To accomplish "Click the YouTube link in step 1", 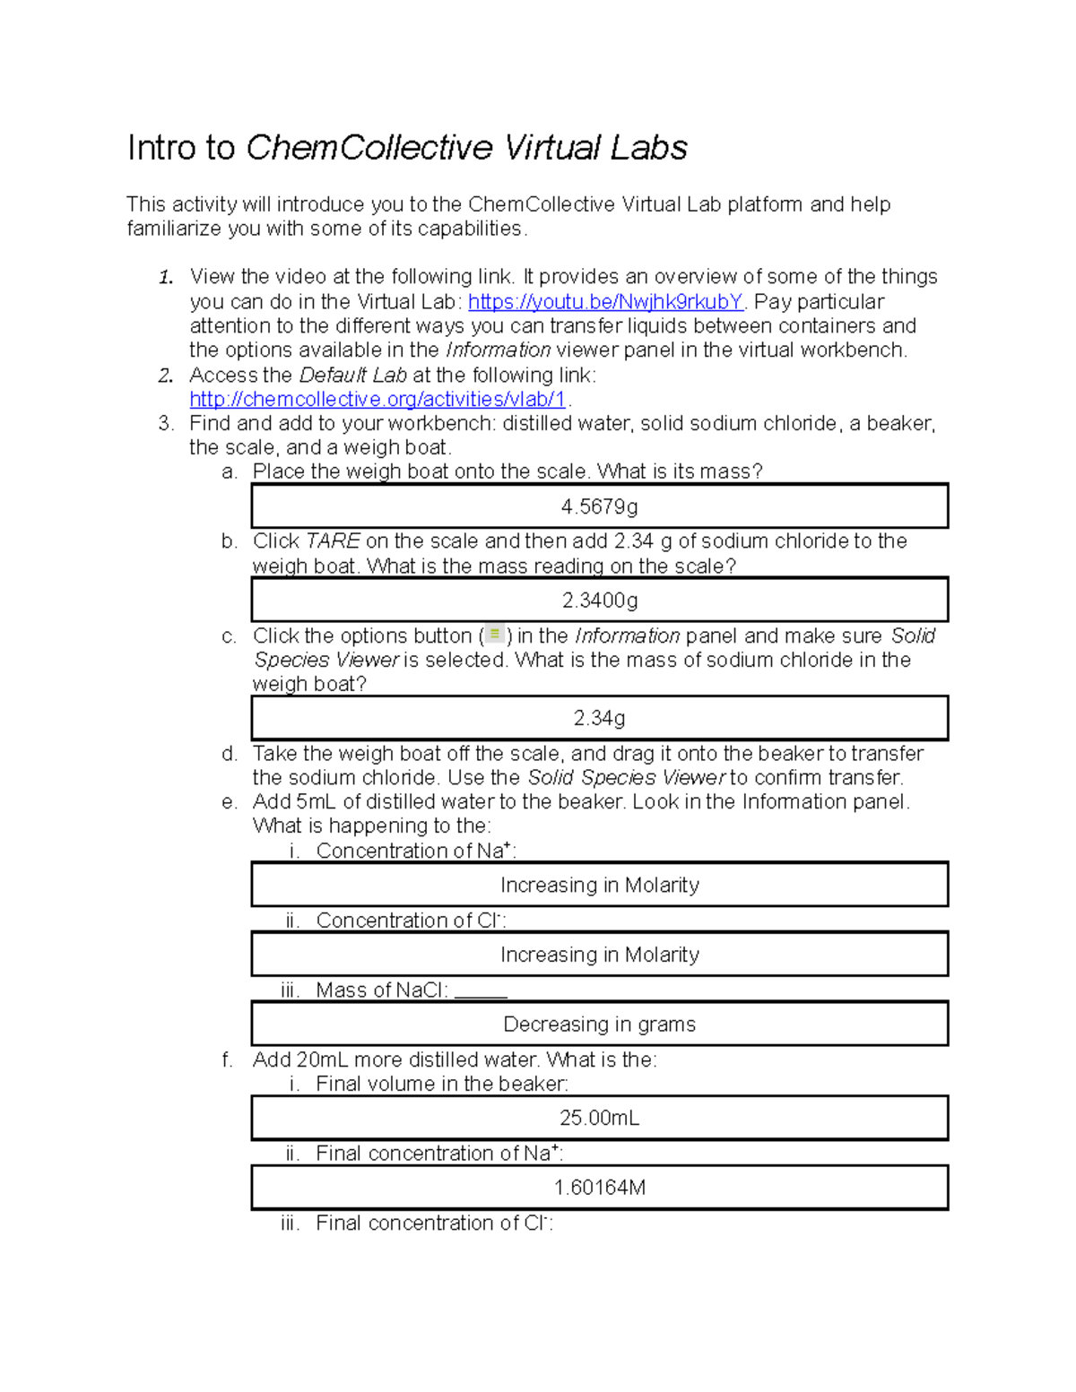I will tap(605, 302).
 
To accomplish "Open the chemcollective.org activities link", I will tap(377, 400).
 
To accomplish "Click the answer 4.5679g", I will tap(599, 507).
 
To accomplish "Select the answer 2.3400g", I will tap(599, 601).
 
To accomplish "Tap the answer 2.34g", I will tap(599, 719).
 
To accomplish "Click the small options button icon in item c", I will tap(495, 635).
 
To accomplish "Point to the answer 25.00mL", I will tap(599, 1119).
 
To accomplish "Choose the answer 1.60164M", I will tap(599, 1189).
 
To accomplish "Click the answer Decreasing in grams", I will tap(599, 1025).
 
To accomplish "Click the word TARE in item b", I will tap(333, 541).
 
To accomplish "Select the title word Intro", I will tap(180, 148).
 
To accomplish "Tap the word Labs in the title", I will tap(649, 148).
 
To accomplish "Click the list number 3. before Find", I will tap(166, 424).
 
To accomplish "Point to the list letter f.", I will tap(227, 1060).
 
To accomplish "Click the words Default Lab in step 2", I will tap(352, 376).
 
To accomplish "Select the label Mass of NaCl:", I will tap(381, 990).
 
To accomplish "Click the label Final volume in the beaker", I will tap(441, 1085).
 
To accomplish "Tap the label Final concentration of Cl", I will tap(433, 1223).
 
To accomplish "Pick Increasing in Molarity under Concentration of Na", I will tap(599, 886).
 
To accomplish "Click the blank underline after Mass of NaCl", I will tap(481, 993).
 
